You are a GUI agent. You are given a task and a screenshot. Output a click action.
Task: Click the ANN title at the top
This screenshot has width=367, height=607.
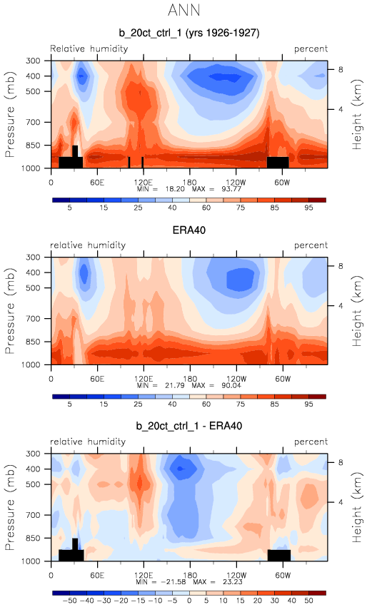click(183, 10)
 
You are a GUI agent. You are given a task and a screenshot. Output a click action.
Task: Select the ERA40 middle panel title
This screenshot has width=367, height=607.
click(188, 230)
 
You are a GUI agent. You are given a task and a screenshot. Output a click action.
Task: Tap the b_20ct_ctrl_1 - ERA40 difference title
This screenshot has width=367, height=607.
click(188, 427)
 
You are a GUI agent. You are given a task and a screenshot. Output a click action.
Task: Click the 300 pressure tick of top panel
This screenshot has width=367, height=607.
click(33, 61)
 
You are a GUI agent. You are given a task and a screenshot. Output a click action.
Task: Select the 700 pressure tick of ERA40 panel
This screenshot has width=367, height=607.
click(33, 319)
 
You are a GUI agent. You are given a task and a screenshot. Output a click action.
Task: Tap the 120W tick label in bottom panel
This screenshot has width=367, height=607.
click(236, 575)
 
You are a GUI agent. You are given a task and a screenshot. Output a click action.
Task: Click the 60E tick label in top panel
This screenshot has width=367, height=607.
click(97, 183)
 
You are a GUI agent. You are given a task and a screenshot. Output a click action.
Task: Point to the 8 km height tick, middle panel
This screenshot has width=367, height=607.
click(341, 266)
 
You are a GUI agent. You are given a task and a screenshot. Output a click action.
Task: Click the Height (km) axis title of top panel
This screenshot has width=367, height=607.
click(356, 115)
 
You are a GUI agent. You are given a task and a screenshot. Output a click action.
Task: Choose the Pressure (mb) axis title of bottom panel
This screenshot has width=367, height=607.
click(10, 507)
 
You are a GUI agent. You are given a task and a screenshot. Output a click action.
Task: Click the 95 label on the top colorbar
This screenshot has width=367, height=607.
click(308, 208)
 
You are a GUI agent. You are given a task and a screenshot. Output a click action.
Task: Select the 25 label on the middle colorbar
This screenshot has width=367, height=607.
click(138, 404)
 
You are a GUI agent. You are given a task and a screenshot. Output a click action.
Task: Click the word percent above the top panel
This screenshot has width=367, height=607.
click(311, 49)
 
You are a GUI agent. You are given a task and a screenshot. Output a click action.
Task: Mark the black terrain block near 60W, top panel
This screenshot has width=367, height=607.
click(278, 162)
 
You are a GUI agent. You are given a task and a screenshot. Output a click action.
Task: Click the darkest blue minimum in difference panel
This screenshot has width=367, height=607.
click(180, 469)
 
